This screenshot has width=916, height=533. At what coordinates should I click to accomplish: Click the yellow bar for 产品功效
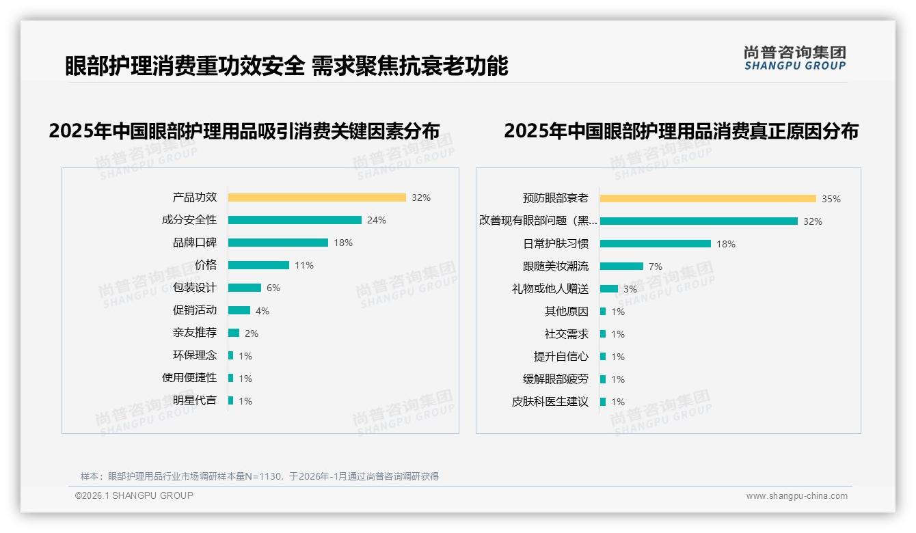[316, 197]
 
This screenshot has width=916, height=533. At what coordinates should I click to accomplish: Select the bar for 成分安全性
[295, 220]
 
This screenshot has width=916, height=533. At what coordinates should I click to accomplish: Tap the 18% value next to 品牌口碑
[343, 243]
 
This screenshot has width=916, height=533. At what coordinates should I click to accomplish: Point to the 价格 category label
[205, 265]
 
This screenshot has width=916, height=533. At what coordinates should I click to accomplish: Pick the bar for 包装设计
[245, 288]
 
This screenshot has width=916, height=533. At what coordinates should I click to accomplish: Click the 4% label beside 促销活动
[262, 311]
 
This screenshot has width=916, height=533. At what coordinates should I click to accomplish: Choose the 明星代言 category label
[195, 400]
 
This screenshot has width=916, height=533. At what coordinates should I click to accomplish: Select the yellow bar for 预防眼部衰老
[708, 199]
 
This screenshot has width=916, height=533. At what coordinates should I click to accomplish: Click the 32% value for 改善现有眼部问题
[813, 221]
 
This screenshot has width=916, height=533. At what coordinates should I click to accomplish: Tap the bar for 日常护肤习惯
[655, 244]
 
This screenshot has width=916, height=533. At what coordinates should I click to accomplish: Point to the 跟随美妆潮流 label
[555, 266]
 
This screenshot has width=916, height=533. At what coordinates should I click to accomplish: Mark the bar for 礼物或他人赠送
[609, 289]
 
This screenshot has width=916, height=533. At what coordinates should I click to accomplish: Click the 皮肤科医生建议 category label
[550, 402]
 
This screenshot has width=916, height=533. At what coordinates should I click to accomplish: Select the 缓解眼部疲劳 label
[555, 379]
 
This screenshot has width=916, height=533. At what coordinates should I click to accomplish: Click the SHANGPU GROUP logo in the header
[794, 58]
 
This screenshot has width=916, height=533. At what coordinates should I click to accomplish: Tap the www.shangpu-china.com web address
[796, 496]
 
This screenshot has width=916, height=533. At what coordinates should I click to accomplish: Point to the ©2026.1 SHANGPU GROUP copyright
[134, 495]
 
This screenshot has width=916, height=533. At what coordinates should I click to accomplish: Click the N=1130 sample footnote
[260, 476]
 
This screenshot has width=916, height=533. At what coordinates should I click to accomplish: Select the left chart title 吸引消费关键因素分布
[244, 131]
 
